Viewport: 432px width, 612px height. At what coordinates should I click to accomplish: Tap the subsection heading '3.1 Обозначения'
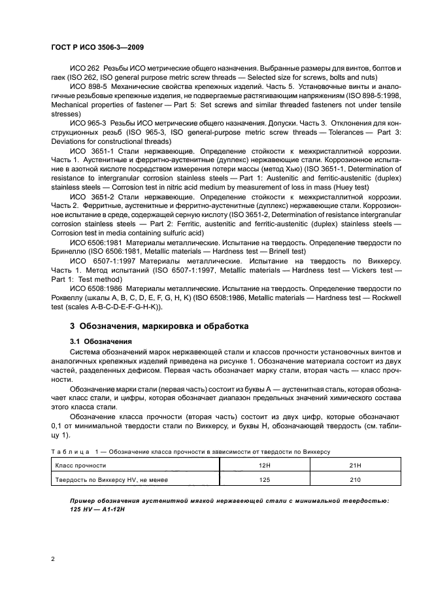(x=101, y=341)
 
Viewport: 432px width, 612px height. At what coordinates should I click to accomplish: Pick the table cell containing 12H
(x=264, y=466)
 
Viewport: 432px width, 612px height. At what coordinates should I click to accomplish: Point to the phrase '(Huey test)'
(x=348, y=194)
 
